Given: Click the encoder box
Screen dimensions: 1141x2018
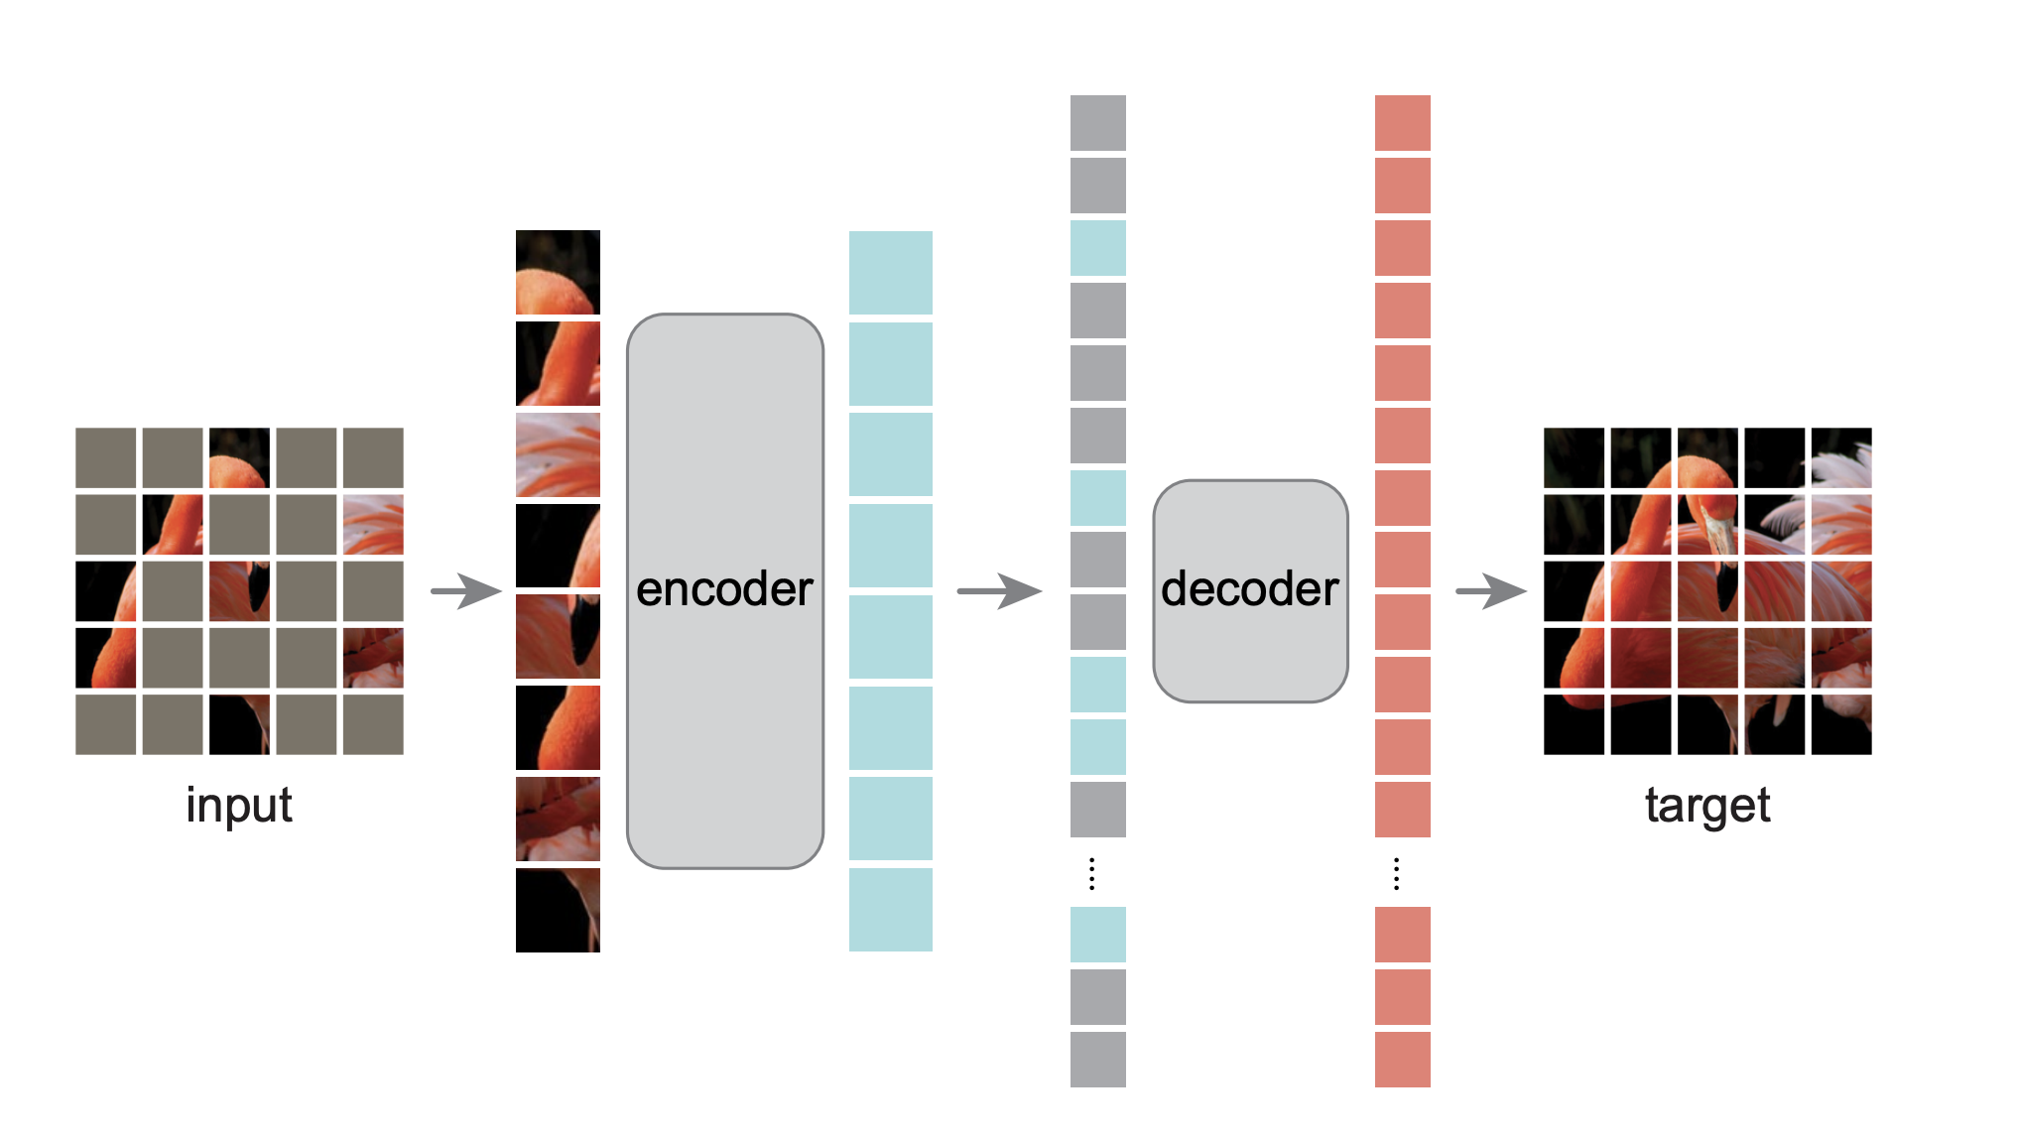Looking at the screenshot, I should coord(725,590).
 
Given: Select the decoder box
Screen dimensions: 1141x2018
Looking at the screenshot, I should coord(1250,590).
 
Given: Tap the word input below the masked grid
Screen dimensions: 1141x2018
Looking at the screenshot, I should coord(239,805).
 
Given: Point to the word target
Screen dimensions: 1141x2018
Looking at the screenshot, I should coord(1707,805).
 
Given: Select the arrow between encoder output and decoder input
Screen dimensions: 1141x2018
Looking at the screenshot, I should coord(999,591).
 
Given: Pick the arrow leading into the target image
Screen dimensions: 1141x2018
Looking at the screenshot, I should coord(1491,591).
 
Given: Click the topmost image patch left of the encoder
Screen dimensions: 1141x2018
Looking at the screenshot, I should coord(558,272).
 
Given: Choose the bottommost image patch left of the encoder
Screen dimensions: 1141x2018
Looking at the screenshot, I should coord(558,910).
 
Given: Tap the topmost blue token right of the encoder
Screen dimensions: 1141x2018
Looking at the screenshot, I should coord(891,272).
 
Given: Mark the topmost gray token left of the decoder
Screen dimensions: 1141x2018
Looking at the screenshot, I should coord(1098,123).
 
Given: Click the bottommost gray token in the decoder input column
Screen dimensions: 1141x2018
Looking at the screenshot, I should coord(1098,1059).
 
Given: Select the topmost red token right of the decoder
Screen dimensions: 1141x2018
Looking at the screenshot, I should coord(1403,123).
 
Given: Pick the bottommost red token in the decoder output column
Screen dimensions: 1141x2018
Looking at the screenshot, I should coord(1403,1059).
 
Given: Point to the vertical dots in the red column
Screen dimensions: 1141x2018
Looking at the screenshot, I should coord(1397,874).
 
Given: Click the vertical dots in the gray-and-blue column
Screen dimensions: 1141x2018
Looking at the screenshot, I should coord(1092,874).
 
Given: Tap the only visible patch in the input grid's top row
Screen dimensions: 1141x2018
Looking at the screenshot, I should coord(239,457).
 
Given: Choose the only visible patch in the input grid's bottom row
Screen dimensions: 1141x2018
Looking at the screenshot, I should coord(239,724).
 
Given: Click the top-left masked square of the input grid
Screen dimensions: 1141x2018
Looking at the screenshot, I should coord(106,457).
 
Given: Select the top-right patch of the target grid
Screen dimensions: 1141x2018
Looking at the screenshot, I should coord(1841,457).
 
